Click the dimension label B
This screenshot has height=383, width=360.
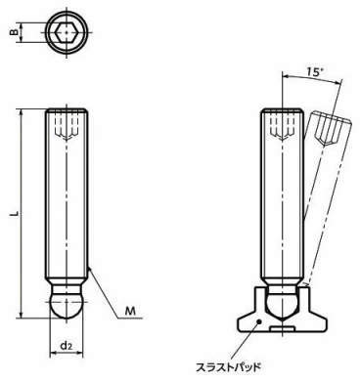[14, 32]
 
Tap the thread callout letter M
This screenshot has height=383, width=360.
[130, 311]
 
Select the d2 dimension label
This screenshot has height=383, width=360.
[67, 346]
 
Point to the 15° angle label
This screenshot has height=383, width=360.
[313, 71]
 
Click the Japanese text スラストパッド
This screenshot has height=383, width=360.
[228, 367]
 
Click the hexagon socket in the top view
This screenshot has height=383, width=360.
[67, 32]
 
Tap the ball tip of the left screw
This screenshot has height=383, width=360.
[67, 305]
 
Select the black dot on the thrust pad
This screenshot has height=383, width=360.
[259, 321]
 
